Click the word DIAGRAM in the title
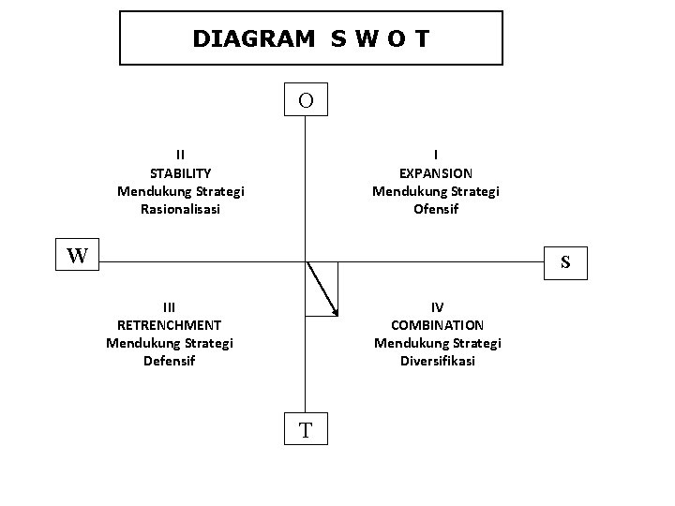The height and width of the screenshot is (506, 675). [x=253, y=38]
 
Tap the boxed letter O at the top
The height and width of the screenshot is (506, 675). [x=307, y=99]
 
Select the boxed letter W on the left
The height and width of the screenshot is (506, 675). [x=78, y=255]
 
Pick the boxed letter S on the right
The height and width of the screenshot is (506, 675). [x=566, y=262]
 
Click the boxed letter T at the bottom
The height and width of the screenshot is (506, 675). [x=306, y=430]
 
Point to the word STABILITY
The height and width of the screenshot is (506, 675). [x=180, y=173]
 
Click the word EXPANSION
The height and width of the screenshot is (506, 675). [x=436, y=173]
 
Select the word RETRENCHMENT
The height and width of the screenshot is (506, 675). [x=169, y=325]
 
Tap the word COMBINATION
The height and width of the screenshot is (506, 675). [x=438, y=325]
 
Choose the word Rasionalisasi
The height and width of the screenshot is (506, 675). [x=180, y=209]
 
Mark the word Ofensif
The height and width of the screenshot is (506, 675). [x=436, y=209]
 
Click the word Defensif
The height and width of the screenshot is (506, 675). [x=169, y=361]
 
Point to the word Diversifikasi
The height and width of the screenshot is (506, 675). [x=438, y=361]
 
